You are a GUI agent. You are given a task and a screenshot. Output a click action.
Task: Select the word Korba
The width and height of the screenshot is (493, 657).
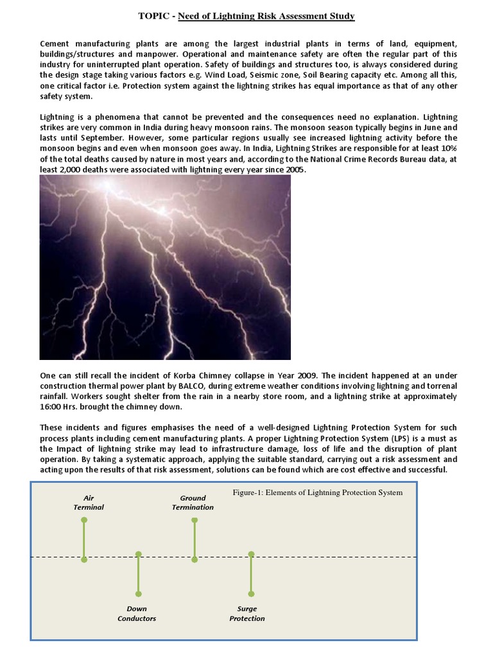pos(165,375)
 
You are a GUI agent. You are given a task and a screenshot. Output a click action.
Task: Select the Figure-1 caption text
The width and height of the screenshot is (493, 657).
pos(317,493)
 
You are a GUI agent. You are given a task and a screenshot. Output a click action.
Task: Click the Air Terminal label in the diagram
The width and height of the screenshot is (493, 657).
pos(89,502)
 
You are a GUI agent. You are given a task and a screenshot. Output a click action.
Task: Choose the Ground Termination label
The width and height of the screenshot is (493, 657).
pos(193,502)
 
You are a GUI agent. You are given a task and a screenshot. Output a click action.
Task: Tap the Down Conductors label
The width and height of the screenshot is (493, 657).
pos(137,613)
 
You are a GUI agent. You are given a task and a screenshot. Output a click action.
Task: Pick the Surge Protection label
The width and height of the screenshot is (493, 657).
pos(247,613)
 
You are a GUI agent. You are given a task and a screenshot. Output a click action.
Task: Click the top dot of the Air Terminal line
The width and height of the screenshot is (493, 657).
pos(84,520)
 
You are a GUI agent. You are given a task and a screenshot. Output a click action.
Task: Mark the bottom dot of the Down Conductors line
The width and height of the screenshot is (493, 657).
pos(138,593)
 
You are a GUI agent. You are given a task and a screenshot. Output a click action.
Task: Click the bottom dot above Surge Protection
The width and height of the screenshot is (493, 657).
pos(252,593)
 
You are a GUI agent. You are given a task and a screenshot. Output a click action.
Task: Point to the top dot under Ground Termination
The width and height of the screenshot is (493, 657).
pos(194,520)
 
